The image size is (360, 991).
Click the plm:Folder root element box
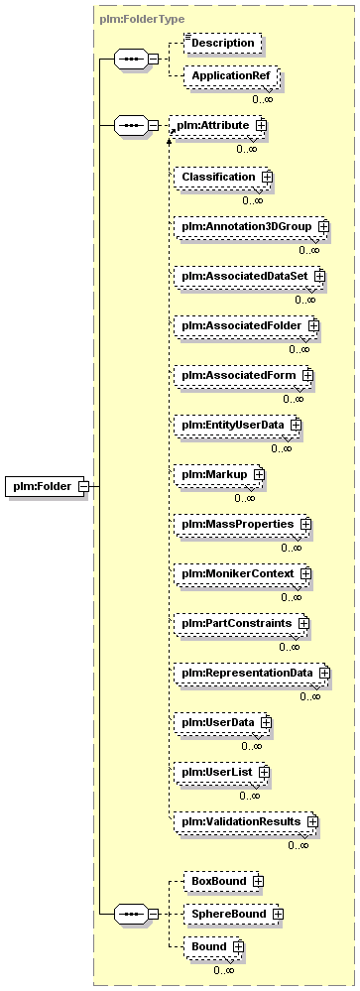(x=47, y=486)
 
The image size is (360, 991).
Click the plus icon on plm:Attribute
(x=262, y=125)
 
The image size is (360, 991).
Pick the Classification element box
(x=223, y=177)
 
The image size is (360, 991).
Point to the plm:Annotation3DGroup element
(x=251, y=225)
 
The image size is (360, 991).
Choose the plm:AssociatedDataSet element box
(x=250, y=276)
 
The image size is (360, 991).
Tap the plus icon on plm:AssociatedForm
(x=307, y=375)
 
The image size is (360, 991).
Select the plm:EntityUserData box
(x=238, y=425)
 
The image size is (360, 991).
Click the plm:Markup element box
(x=218, y=474)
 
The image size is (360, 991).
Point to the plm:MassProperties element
(x=243, y=524)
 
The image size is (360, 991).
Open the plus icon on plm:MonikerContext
(x=306, y=574)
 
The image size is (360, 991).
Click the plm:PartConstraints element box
(x=242, y=623)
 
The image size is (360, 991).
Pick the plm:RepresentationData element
(x=252, y=674)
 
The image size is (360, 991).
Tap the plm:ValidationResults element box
(x=246, y=821)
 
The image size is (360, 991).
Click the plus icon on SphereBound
(x=278, y=914)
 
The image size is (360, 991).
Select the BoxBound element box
(x=221, y=881)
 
